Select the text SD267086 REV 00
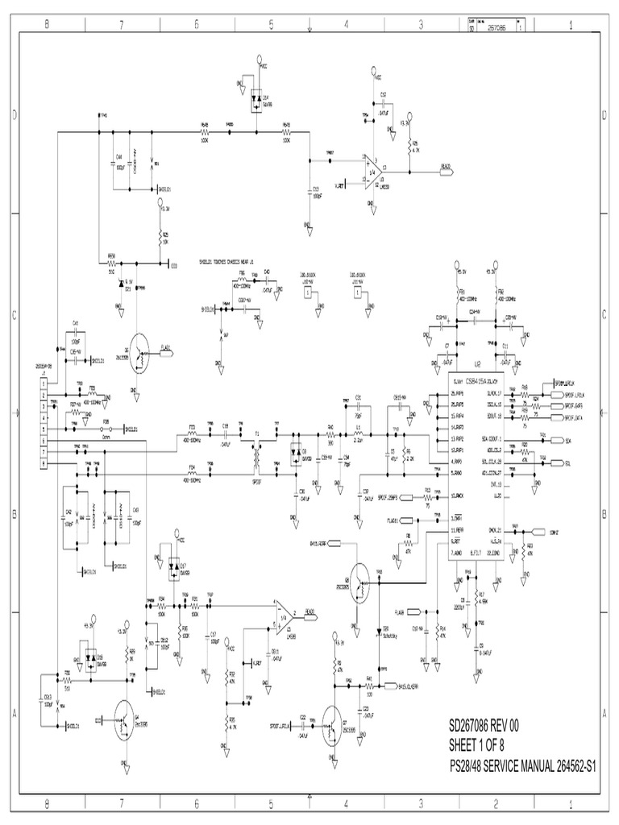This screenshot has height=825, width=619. [483, 726]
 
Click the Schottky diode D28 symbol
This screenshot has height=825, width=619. [377, 631]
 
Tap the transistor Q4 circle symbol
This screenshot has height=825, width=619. [125, 719]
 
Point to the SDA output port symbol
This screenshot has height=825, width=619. [567, 442]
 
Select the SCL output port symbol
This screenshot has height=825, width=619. [567, 463]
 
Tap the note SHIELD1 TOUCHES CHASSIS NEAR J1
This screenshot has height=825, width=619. [226, 262]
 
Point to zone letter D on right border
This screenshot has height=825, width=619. [604, 114]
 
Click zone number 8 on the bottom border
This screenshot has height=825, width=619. [47, 803]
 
